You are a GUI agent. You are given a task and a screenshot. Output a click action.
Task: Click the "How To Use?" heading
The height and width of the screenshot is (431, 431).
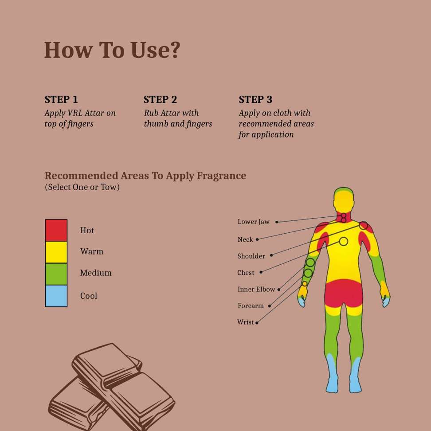(x=112, y=50)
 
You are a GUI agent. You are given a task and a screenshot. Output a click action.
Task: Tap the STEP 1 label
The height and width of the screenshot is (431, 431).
(x=61, y=99)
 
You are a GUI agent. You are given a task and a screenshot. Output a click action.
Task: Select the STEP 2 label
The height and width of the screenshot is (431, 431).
(x=160, y=99)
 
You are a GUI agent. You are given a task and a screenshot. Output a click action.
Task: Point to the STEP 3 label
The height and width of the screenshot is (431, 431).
(x=255, y=99)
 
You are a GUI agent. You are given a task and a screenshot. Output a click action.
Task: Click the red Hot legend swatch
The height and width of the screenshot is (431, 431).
(x=56, y=230)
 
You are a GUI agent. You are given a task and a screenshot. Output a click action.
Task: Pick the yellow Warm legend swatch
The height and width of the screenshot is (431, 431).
(x=56, y=252)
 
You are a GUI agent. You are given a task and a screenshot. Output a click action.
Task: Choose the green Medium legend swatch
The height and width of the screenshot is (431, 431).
(x=56, y=274)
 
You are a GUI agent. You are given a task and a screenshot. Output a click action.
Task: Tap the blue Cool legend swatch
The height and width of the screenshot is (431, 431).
(x=56, y=296)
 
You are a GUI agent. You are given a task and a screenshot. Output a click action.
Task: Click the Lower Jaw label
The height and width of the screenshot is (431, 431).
(x=253, y=222)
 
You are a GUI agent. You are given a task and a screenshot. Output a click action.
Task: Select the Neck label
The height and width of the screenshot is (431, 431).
(x=245, y=239)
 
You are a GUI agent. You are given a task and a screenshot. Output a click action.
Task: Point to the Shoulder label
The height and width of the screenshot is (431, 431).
(x=251, y=256)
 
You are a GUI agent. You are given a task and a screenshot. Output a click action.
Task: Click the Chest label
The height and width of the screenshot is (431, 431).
(x=246, y=273)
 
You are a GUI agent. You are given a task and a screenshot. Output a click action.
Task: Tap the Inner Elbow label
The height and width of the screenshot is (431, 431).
(x=256, y=290)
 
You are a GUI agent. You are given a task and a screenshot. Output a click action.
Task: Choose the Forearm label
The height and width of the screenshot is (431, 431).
(x=250, y=306)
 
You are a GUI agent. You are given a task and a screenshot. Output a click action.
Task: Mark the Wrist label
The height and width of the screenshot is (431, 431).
(x=245, y=322)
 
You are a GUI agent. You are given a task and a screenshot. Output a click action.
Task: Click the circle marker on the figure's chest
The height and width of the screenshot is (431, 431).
(x=343, y=241)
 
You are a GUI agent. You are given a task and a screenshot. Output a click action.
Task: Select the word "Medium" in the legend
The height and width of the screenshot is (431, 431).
(x=96, y=273)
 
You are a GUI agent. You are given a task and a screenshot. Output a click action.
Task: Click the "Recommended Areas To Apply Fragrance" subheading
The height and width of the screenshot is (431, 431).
(x=145, y=176)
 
